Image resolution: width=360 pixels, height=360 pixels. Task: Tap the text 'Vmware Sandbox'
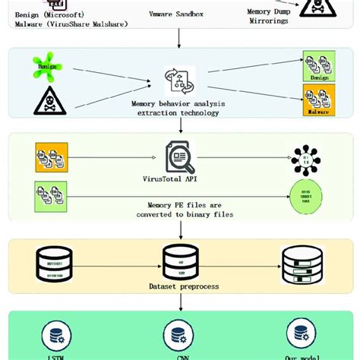(x=180, y=14)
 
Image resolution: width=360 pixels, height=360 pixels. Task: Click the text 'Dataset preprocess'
(x=180, y=286)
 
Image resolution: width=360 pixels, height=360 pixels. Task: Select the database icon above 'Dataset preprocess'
(x=180, y=263)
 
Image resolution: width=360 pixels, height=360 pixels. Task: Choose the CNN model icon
(x=179, y=335)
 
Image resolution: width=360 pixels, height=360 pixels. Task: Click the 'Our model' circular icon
(x=302, y=334)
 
